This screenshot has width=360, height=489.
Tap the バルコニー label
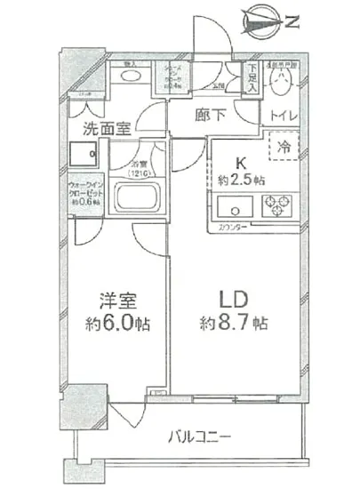pyautogui.click(x=200, y=437)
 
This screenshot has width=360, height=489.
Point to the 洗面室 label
pyautogui.click(x=108, y=129)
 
